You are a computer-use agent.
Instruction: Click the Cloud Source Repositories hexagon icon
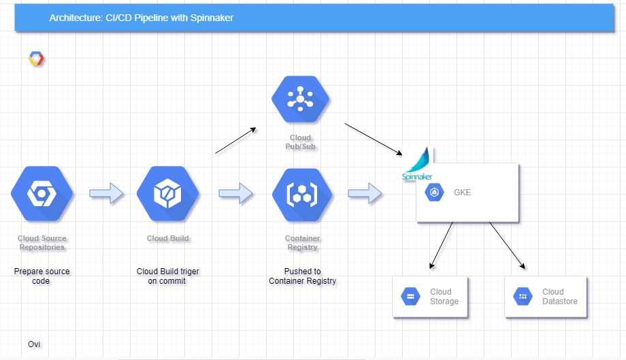[x=42, y=193]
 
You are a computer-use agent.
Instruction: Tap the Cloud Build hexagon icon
[x=167, y=193]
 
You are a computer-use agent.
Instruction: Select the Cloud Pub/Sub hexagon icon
[x=300, y=100]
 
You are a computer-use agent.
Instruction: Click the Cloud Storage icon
[x=410, y=296]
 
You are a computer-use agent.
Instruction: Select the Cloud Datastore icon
[x=523, y=296]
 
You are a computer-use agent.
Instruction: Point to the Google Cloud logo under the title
[x=37, y=59]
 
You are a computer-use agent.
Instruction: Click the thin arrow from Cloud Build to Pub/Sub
[x=235, y=140]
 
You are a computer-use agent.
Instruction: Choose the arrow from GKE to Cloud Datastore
[x=507, y=245]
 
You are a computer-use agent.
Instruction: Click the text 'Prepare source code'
[x=42, y=276]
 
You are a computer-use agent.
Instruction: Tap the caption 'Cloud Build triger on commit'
[x=167, y=276]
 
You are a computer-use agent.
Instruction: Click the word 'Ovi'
[x=34, y=344]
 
